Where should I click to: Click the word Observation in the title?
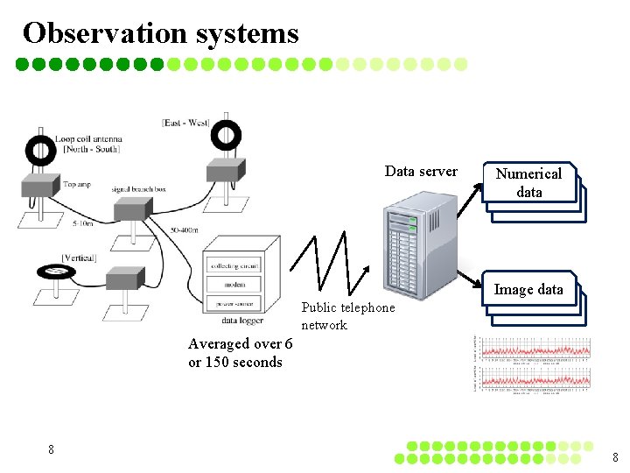point(105,32)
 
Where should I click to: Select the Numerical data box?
point(528,183)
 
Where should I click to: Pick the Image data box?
point(528,289)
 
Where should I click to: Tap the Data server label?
point(421,172)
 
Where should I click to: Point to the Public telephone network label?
point(347,316)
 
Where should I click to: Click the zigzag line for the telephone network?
point(333,263)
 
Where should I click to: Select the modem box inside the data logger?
point(234,285)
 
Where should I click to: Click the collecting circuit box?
point(234,265)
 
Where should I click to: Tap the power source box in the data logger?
point(234,303)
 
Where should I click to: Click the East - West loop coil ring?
point(227,134)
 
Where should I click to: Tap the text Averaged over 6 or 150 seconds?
point(240,353)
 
